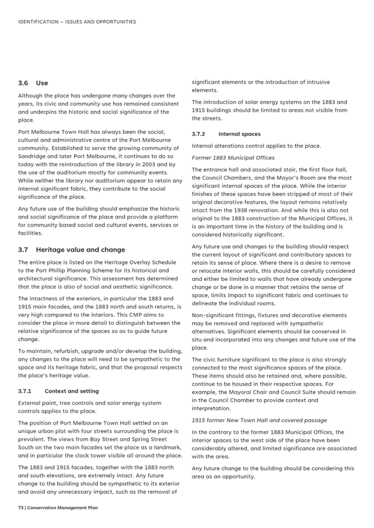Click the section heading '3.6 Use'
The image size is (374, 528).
(33, 83)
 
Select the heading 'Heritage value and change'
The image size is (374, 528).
(80, 249)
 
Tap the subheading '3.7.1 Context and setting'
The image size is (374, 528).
(58, 391)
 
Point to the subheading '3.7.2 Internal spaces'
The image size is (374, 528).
(226, 134)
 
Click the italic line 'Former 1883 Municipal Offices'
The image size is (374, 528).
(233, 158)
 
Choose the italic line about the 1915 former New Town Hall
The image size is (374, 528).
(259, 420)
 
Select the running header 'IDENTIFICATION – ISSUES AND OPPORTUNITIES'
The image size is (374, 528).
(77, 22)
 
